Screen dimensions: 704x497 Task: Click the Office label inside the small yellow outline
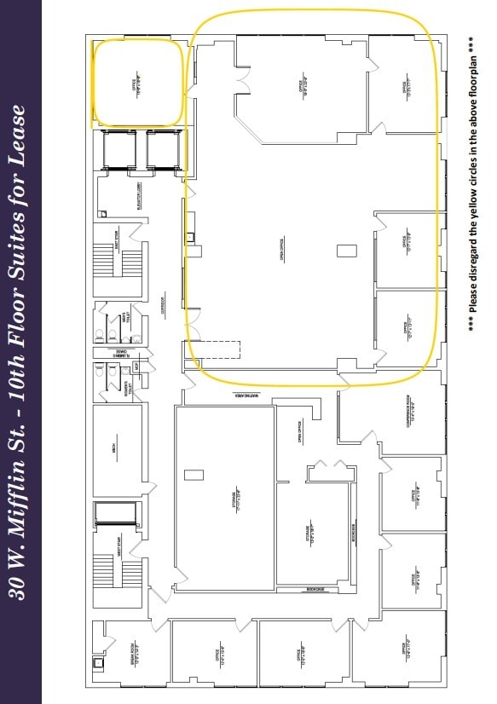click(x=134, y=84)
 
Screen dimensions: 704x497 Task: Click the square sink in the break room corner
click(x=99, y=661)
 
